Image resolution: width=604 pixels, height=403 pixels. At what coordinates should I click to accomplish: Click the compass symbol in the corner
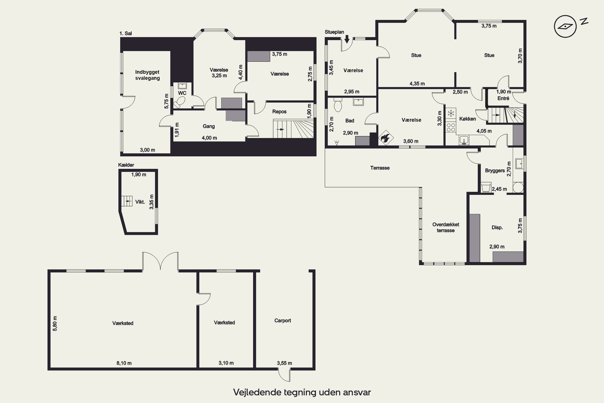coord(565,26)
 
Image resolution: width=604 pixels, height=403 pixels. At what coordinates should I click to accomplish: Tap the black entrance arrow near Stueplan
coord(347,39)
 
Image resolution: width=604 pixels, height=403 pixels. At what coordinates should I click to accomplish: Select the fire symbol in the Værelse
coord(386,138)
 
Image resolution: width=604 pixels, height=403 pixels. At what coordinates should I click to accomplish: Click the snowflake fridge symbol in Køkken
coord(451,113)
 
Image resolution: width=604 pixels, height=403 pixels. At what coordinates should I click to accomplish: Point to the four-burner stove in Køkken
coord(451,127)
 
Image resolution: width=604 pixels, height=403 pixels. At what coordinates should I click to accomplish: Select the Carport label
coord(282,321)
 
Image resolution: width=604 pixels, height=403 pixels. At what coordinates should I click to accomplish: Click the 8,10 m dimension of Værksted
coord(124,363)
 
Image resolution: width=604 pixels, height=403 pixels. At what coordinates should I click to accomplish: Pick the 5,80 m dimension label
coord(55,323)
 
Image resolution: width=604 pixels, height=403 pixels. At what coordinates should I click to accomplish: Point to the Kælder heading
coord(126,165)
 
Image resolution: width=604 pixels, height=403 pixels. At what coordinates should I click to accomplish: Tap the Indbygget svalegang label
coord(147,75)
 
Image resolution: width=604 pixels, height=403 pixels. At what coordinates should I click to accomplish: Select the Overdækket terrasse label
coord(446,227)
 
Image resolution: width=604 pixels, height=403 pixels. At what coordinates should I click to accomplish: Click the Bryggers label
coord(495,171)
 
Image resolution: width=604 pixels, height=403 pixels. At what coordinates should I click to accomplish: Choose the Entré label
coord(503,99)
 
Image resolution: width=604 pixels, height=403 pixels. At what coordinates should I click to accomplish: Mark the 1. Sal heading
coord(126,33)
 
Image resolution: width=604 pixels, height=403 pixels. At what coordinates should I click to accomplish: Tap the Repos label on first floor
coord(279,112)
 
